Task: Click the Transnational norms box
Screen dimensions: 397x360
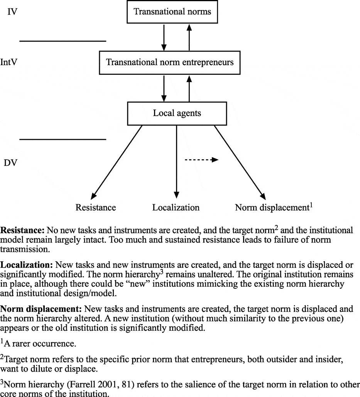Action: tap(172, 12)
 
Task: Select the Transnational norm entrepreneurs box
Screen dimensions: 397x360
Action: tap(170, 62)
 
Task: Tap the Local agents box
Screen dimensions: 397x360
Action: tap(177, 113)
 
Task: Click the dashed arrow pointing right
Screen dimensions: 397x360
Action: tap(201, 160)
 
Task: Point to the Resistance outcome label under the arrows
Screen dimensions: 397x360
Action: tap(96, 208)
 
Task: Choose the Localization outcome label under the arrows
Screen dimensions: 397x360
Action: tap(176, 208)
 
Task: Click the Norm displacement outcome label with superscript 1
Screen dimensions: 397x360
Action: tap(273, 207)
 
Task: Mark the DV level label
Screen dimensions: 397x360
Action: tap(10, 163)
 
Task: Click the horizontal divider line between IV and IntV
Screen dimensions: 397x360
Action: tap(63, 40)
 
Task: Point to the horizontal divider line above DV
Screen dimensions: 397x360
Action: tap(63, 140)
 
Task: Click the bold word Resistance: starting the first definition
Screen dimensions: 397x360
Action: tap(22, 230)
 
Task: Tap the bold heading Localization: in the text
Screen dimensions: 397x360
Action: tap(27, 266)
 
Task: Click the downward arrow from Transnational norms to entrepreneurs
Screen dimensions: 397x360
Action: tap(164, 38)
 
